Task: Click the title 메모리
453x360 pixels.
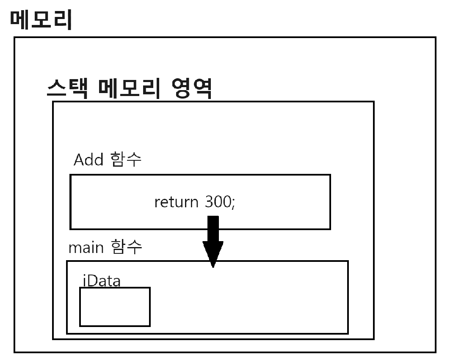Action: [41, 20]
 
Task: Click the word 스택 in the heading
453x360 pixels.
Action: [67, 88]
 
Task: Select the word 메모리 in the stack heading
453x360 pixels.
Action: [129, 88]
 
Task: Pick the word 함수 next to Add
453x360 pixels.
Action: [126, 160]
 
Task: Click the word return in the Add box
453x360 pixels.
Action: [176, 202]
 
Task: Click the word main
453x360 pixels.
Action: [86, 248]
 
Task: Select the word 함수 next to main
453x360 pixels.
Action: [127, 247]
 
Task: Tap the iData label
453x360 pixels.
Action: [102, 281]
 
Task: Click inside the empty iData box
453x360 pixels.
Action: [115, 307]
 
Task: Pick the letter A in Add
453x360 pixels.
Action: [79, 160]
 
